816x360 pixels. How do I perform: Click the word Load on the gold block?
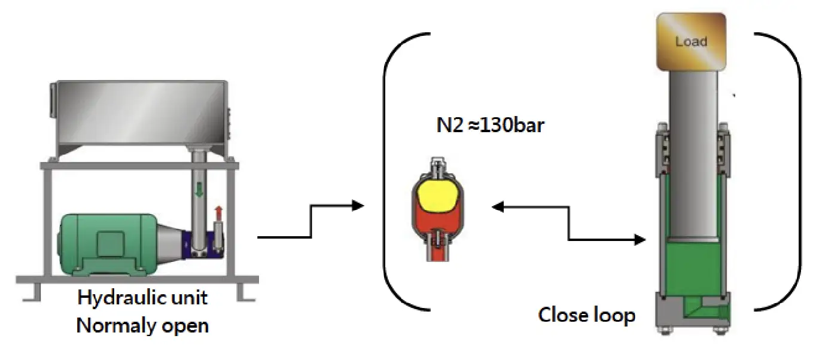tap(691, 41)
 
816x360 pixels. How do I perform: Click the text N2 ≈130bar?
tap(491, 125)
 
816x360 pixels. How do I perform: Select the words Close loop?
tap(587, 315)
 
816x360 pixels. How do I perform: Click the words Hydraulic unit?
tap(142, 298)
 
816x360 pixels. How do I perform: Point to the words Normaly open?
tap(142, 325)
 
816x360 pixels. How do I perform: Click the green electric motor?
tap(108, 245)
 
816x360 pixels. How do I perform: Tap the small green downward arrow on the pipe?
tap(199, 190)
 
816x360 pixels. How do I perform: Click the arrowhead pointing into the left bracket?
tap(358, 206)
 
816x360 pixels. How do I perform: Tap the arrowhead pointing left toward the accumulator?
tap(498, 207)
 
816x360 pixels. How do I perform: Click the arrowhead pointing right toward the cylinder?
tap(640, 240)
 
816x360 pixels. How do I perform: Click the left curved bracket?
tap(397, 171)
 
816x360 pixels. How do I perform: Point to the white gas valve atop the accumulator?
tap(437, 166)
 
